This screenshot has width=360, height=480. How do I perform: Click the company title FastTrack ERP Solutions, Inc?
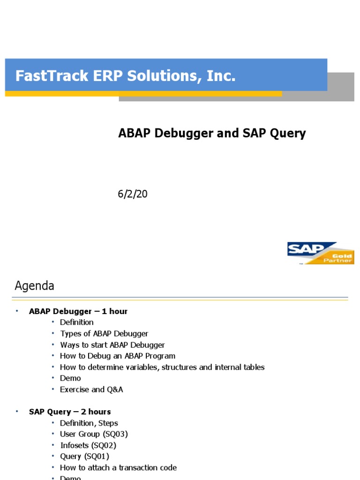tap(125, 75)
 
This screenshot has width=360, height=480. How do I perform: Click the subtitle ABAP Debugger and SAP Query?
tap(212, 134)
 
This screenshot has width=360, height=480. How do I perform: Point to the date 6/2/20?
tap(133, 194)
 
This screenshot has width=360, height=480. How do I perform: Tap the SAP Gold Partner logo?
tap(320, 253)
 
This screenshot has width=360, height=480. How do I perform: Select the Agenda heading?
tap(34, 285)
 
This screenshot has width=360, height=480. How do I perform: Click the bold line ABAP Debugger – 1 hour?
tap(78, 311)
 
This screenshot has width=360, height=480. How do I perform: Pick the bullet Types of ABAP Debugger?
tap(104, 334)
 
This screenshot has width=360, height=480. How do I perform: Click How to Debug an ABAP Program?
tap(118, 356)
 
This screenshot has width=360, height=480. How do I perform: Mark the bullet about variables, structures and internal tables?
tap(162, 367)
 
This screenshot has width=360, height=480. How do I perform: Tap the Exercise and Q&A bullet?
tap(91, 390)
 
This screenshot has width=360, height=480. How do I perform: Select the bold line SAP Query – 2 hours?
tap(70, 412)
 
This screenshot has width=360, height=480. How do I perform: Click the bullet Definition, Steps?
tap(89, 423)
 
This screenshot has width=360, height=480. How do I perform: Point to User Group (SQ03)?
tap(94, 434)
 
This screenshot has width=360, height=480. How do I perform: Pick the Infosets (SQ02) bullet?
tap(88, 445)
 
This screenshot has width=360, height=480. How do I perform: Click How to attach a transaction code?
tap(118, 467)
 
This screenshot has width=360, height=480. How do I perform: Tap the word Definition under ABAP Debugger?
tap(77, 322)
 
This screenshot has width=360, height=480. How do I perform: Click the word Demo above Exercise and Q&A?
tap(70, 378)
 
